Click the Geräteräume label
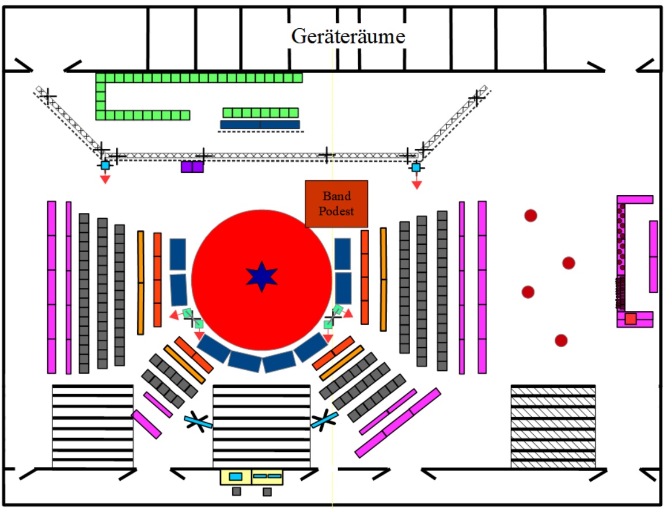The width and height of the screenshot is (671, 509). click(x=348, y=36)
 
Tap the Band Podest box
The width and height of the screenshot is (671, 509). click(x=336, y=204)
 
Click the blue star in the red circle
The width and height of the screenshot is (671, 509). click(x=262, y=276)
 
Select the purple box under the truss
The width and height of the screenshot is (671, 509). click(x=192, y=166)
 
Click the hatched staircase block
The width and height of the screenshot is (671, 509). click(x=553, y=427)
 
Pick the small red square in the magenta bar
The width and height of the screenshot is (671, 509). click(x=631, y=318)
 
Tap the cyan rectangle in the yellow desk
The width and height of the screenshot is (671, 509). click(x=236, y=477)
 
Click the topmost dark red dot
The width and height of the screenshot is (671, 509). click(x=530, y=215)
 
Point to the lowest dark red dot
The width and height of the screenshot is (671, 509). click(x=561, y=340)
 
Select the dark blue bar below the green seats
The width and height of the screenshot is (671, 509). click(x=260, y=124)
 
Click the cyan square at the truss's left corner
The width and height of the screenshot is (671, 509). click(x=105, y=165)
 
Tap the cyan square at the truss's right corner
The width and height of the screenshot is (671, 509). click(x=416, y=167)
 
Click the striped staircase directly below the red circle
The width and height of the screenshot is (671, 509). click(x=261, y=427)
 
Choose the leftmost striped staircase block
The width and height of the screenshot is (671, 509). click(x=92, y=427)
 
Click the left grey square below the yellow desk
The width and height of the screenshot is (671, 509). click(x=236, y=492)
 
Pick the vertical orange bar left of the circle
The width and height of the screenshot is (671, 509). click(x=141, y=283)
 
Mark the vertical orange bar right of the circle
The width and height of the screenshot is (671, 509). click(x=384, y=279)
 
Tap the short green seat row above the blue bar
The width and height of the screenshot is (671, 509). click(x=260, y=112)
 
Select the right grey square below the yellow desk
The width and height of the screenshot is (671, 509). click(x=267, y=492)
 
